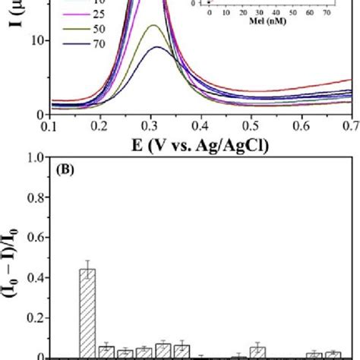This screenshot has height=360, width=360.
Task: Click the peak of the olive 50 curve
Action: [x=153, y=26]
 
